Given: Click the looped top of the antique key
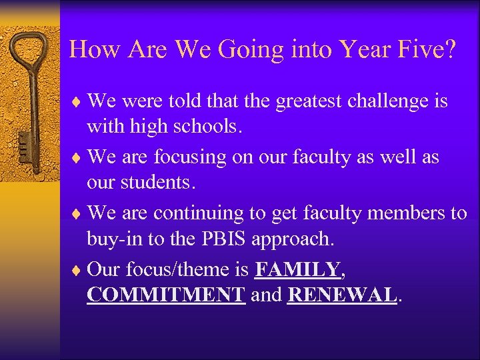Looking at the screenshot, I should tap(29, 50).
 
